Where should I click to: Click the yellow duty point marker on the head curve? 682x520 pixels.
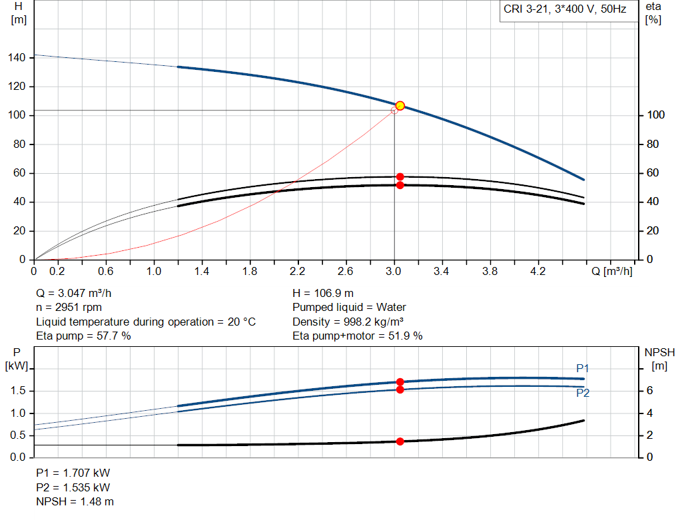tap(400, 106)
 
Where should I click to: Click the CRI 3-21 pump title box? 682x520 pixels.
tap(565, 10)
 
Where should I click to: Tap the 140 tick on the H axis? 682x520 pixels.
tap(17, 58)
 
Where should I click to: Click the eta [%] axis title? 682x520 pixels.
tap(653, 13)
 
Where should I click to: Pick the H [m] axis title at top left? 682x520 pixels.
tap(19, 13)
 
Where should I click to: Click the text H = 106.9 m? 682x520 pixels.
tap(323, 293)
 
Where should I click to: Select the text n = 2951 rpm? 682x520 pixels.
tap(69, 308)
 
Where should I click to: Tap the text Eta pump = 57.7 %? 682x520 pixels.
tap(83, 336)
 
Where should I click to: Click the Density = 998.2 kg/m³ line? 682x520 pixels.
tap(351, 322)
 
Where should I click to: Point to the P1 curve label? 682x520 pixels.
tap(583, 368)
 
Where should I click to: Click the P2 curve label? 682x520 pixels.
tap(583, 393)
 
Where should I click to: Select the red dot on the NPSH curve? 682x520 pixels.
tap(400, 441)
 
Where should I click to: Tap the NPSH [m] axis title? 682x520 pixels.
tap(659, 359)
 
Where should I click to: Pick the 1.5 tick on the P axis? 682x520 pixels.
tap(18, 391)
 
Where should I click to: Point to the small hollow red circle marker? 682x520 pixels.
tap(394, 111)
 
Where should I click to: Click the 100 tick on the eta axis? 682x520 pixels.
tap(654, 115)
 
